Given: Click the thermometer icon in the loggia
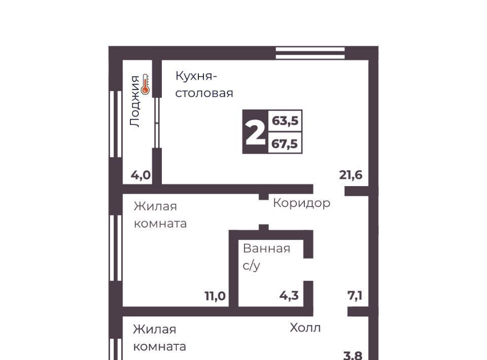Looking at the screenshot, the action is coord(145,84).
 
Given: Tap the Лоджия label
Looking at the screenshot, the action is coord(135,101).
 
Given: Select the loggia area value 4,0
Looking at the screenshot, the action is coord(141,175).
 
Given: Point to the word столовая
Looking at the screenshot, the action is coord(204,93).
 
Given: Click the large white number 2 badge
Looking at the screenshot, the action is coord(255,132).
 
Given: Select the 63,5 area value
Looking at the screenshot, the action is coord(285,120).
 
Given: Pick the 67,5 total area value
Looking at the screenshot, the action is coord(285,143).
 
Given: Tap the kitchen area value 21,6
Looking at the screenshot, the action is coord(351,175).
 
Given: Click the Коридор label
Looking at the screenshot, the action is coord(301,203).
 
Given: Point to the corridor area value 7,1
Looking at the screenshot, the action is coord(355,296).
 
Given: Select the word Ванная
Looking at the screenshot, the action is coord(266,248).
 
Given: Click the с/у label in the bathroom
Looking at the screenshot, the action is coord(251,266).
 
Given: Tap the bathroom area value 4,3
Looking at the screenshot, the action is coord(289,296).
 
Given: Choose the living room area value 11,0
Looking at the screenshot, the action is coord(215,296).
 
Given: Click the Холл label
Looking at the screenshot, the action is coord(305,328).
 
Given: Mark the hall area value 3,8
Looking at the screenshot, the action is coord(353,355).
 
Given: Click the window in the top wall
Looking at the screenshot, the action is coord(310,53).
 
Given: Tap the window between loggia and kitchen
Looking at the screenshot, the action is coord(157,123).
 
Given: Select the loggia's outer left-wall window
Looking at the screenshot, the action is coord(116,124).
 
